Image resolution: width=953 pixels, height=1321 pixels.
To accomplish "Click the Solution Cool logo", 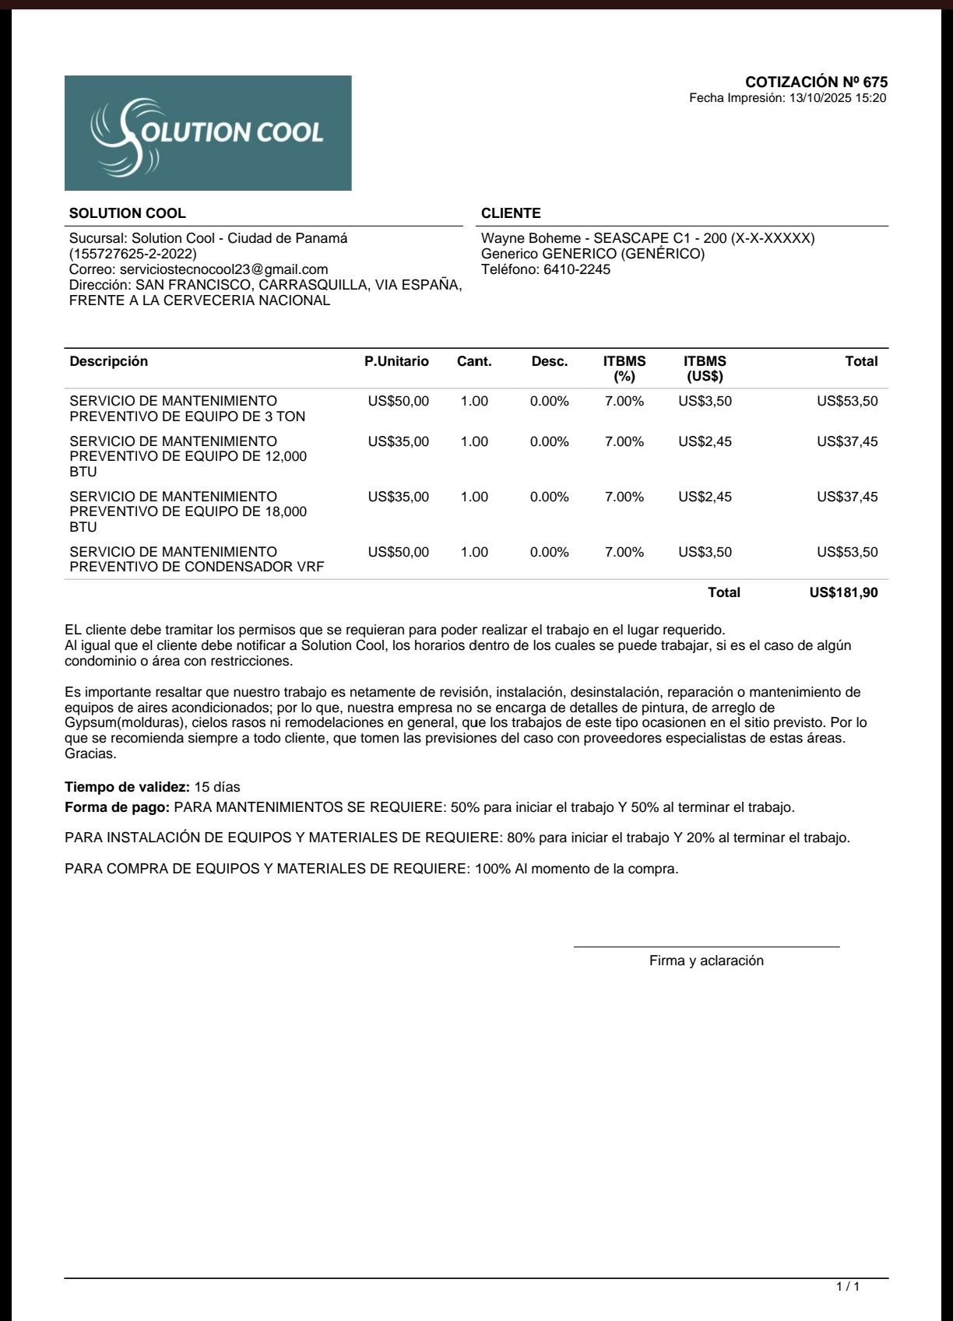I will pyautogui.click(x=208, y=133).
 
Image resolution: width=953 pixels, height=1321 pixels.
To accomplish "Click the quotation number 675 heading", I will pyautogui.click(x=816, y=82).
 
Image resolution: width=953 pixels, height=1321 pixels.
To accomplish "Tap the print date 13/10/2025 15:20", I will pyautogui.click(x=838, y=98).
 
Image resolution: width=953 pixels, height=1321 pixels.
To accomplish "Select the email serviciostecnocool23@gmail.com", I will pyautogui.click(x=223, y=269).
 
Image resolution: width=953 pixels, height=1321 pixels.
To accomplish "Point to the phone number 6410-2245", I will pyautogui.click(x=577, y=269).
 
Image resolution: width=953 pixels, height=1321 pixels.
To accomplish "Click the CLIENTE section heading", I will pyautogui.click(x=511, y=213).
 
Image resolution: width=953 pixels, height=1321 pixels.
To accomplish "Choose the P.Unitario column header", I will pyautogui.click(x=396, y=361).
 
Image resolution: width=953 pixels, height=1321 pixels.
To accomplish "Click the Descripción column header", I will pyautogui.click(x=108, y=361).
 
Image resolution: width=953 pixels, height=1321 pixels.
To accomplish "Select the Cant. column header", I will pyautogui.click(x=474, y=361).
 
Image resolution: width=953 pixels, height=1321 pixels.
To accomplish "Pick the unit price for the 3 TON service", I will pyautogui.click(x=398, y=402).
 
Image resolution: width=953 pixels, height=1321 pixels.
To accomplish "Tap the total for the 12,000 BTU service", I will pyautogui.click(x=847, y=441).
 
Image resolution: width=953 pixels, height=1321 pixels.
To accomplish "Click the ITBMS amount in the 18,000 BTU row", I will pyautogui.click(x=705, y=497).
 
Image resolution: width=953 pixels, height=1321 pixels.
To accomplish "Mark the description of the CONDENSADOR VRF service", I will pyautogui.click(x=196, y=560).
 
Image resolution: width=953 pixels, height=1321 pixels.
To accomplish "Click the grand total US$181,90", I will pyautogui.click(x=843, y=592).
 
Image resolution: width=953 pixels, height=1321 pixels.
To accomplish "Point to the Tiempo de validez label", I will pyautogui.click(x=127, y=787).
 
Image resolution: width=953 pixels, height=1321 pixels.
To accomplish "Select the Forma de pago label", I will pyautogui.click(x=117, y=807).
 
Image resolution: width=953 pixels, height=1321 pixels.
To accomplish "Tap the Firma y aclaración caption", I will pyautogui.click(x=706, y=961).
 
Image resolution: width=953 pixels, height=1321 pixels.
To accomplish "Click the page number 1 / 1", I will pyautogui.click(x=848, y=1287).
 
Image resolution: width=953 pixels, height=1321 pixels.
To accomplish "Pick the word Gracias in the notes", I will pyautogui.click(x=90, y=754).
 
